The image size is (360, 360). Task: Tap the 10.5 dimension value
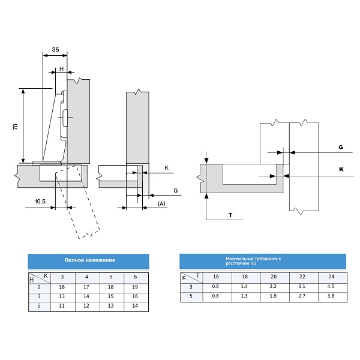coord(40,202)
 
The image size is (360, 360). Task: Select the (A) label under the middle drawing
coord(161,204)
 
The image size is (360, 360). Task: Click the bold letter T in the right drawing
coord(230,214)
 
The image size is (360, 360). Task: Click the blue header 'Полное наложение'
coord(89,261)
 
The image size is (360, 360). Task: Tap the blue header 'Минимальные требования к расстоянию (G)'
coord(262,260)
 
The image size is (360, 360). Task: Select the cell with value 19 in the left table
coord(136,287)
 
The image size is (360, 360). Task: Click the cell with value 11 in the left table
coord(62,306)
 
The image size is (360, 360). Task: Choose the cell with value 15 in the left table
coord(111,297)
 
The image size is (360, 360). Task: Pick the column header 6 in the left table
coord(136,277)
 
